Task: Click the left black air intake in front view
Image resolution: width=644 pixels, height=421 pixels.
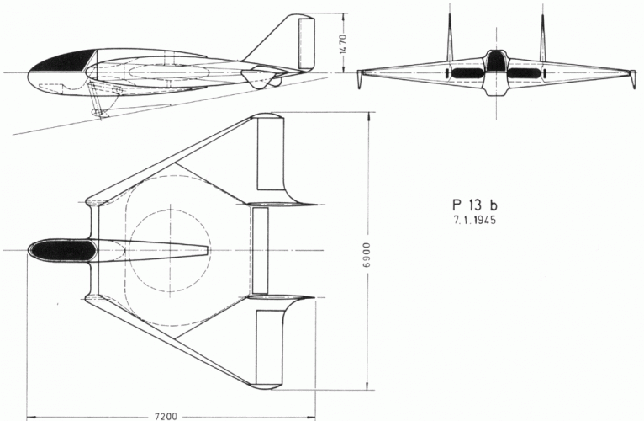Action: click(x=464, y=73)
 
